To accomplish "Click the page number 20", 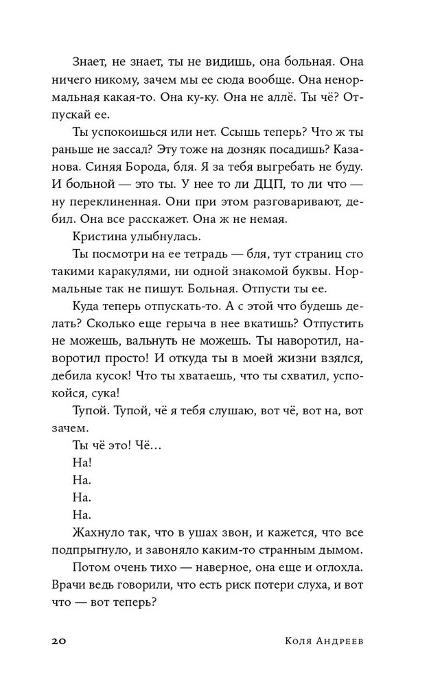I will (x=58, y=641).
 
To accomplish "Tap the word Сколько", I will (x=107, y=324).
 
